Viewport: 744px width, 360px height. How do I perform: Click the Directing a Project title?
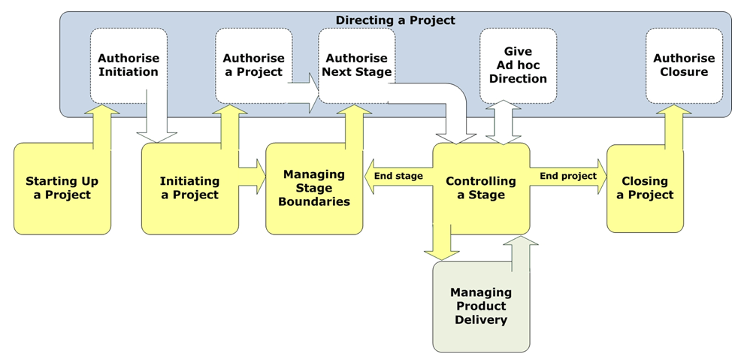[x=395, y=20]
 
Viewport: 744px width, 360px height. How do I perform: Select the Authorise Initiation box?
[x=129, y=65]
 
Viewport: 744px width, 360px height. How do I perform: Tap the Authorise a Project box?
[x=253, y=65]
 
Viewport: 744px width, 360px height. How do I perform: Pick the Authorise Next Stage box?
[x=357, y=65]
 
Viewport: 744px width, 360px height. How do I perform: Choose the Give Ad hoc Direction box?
[x=518, y=65]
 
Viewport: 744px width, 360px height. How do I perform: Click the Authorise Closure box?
[x=684, y=65]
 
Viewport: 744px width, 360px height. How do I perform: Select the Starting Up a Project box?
[x=62, y=188]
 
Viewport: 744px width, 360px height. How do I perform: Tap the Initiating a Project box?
[x=189, y=188]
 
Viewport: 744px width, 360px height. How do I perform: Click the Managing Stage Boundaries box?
[x=314, y=188]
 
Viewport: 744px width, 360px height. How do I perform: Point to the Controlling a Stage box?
[x=481, y=188]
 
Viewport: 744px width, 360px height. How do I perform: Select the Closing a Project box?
[x=645, y=188]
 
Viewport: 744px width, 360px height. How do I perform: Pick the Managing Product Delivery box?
[x=481, y=306]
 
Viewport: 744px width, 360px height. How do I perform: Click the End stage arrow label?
[x=398, y=176]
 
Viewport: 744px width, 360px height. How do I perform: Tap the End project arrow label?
[x=567, y=176]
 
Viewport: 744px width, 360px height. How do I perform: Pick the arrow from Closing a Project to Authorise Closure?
[x=673, y=126]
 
